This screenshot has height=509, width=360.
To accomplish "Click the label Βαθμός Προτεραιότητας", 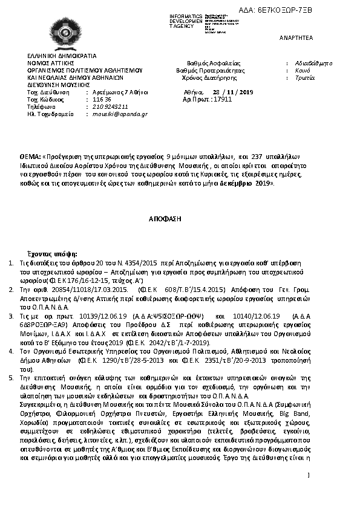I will click(x=210, y=70).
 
